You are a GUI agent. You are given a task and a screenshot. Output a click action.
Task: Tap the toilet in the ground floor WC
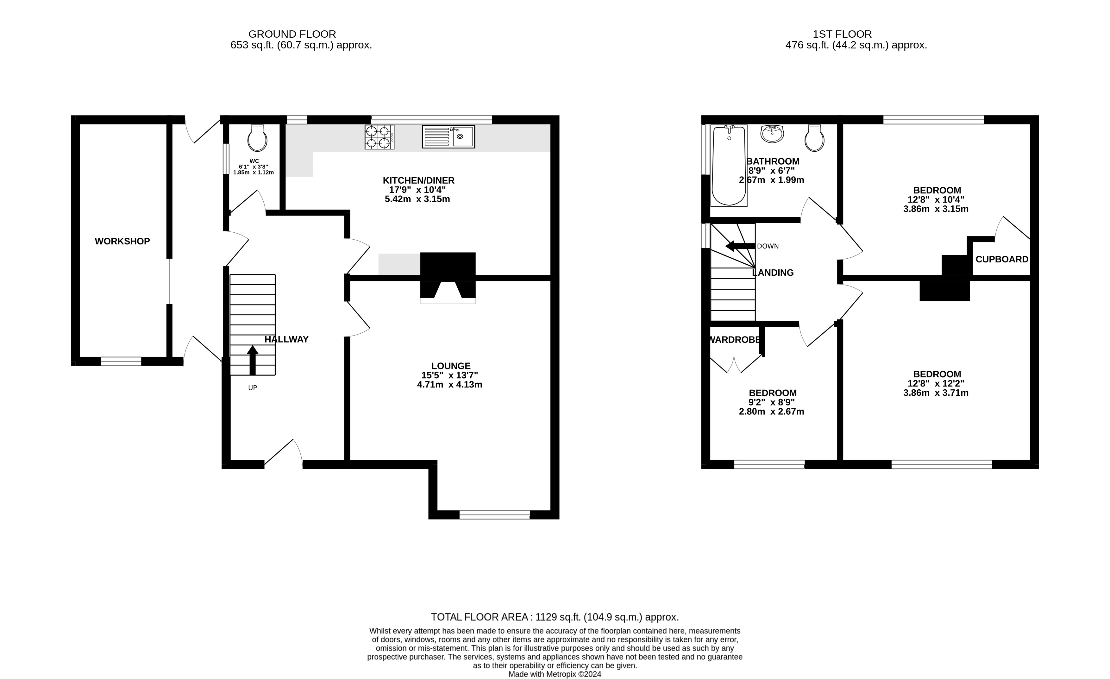257,138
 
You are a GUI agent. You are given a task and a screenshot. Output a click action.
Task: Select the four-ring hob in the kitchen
379,137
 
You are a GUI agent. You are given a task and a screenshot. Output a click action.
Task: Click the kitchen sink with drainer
448,136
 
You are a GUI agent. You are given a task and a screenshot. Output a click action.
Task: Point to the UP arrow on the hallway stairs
253,360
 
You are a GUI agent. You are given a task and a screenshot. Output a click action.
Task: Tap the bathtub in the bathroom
729,165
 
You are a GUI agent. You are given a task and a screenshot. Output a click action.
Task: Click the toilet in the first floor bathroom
814,138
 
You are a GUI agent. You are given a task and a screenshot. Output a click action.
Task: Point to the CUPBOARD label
1002,260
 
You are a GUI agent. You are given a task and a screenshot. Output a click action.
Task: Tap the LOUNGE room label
451,366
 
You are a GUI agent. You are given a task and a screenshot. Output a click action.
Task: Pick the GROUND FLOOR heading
292,34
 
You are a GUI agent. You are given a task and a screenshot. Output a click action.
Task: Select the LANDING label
773,273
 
